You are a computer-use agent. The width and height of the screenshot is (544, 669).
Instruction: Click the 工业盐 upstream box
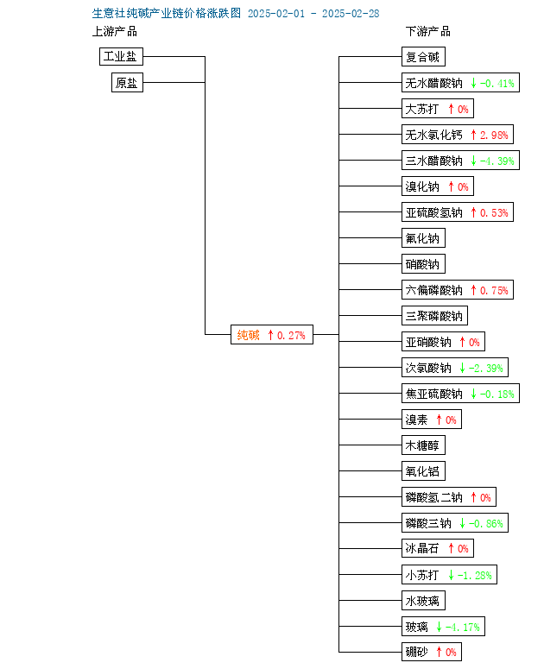pyautogui.click(x=121, y=56)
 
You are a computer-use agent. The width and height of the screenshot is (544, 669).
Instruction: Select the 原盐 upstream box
pyautogui.click(x=127, y=82)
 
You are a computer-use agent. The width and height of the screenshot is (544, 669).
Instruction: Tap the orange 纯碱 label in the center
pyautogui.click(x=249, y=335)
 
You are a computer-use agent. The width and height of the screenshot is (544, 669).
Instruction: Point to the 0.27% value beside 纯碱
pyautogui.click(x=291, y=335)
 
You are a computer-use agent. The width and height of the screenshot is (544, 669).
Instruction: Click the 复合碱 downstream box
pyautogui.click(x=423, y=57)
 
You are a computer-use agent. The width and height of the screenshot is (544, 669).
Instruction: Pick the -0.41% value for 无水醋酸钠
pyautogui.click(x=497, y=83)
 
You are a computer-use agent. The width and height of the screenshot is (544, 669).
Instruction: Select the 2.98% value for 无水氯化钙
pyautogui.click(x=494, y=136)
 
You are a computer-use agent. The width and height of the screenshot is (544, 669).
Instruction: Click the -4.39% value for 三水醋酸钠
pyautogui.click(x=497, y=161)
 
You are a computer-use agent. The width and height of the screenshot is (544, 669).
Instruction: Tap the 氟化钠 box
pyautogui.click(x=423, y=238)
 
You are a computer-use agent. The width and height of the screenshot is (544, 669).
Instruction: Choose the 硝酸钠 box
pyautogui.click(x=423, y=264)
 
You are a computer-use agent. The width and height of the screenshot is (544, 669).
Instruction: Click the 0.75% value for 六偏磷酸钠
pyautogui.click(x=494, y=291)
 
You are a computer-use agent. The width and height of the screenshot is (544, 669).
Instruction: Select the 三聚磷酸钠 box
pyautogui.click(x=434, y=316)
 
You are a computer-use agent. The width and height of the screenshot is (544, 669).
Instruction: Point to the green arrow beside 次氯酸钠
pyautogui.click(x=462, y=368)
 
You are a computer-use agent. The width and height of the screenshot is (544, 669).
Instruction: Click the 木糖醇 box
pyautogui.click(x=423, y=445)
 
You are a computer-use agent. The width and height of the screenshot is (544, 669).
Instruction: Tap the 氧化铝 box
pyautogui.click(x=423, y=471)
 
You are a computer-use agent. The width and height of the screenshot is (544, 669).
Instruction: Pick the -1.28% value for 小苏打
pyautogui.click(x=474, y=575)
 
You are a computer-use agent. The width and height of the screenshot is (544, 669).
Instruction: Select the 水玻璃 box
pyautogui.click(x=423, y=601)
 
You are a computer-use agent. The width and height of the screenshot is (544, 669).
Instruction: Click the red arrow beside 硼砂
pyautogui.click(x=439, y=652)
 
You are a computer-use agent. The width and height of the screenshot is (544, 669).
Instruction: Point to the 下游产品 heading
pyautogui.click(x=427, y=31)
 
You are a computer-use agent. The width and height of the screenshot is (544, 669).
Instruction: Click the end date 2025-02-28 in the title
pyautogui.click(x=351, y=14)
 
